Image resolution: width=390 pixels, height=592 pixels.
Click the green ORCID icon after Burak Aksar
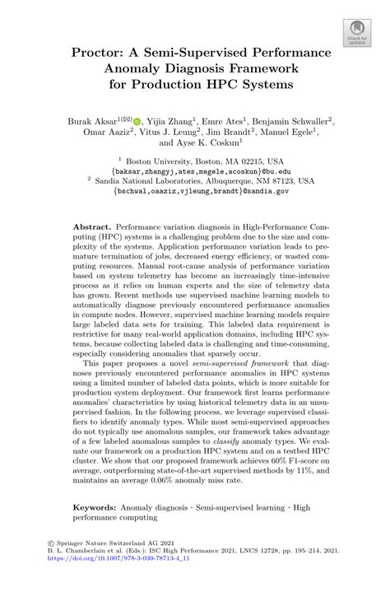coord(137,120)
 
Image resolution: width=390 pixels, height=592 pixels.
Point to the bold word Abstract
coord(91,225)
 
